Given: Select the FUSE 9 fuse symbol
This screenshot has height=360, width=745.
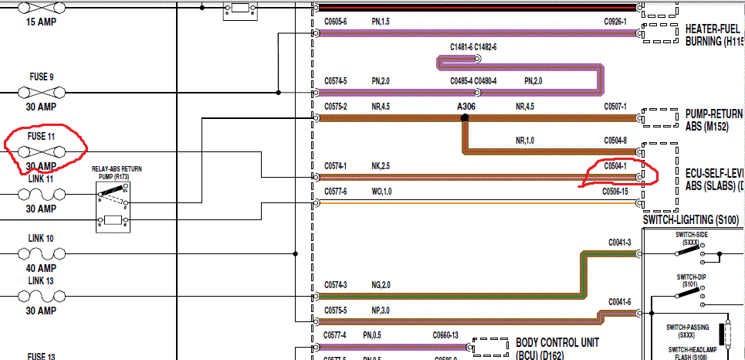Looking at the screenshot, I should tap(42, 92).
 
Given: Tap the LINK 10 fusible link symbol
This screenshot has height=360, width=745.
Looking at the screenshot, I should tap(42, 253).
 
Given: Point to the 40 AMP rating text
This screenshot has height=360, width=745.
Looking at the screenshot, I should tap(42, 268).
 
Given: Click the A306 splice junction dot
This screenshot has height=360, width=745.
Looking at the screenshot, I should tap(465, 118).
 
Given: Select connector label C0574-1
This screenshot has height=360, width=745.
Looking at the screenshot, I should tap(336, 165).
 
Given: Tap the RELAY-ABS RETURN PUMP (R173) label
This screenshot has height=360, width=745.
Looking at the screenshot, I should tap(117, 172).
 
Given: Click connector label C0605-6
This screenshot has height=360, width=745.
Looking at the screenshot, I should tap(336, 22).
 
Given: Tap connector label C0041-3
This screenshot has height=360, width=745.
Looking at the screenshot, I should tap(619, 243).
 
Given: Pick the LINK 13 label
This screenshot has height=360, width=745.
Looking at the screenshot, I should tap(41, 280).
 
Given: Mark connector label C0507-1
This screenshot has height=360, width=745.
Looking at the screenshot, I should tap(615, 106).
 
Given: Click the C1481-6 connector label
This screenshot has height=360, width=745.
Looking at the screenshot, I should tap(461, 47).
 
